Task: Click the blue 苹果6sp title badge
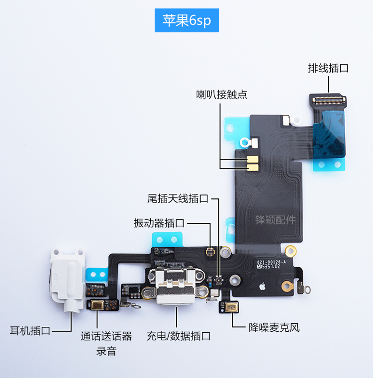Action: tap(186, 20)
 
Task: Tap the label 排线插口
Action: tap(328, 68)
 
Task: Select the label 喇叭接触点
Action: tap(222, 94)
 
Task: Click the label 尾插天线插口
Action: tap(178, 199)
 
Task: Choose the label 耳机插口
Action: tap(30, 331)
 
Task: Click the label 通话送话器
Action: tap(106, 336)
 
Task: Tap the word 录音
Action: tap(106, 351)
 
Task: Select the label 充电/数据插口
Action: tap(179, 336)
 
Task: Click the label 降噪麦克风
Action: tap(274, 328)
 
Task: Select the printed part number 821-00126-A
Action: tap(271, 262)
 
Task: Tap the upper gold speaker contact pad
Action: tap(254, 159)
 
